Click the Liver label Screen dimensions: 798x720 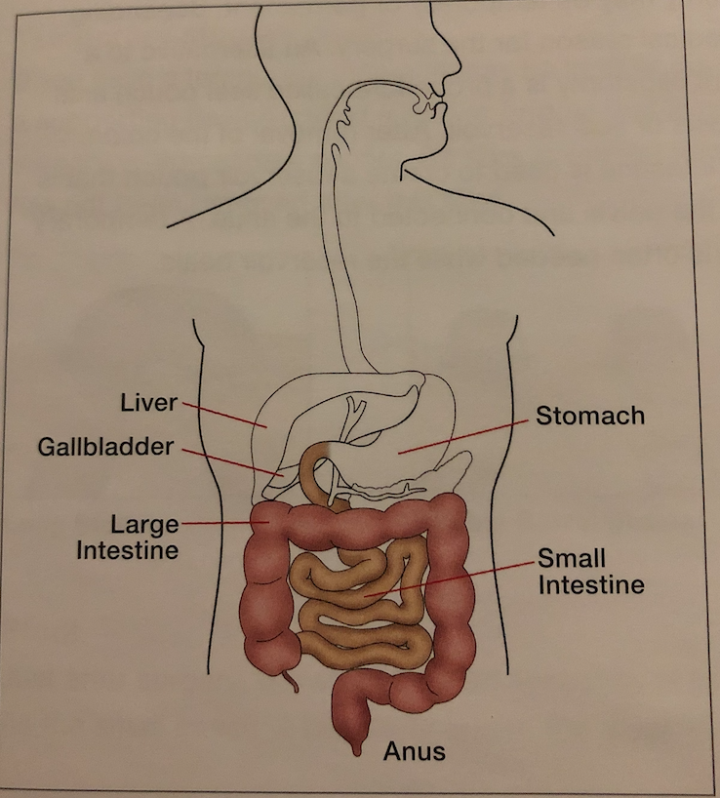pos(148,402)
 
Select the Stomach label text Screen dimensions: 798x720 pos(590,416)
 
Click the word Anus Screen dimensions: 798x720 pos(414,751)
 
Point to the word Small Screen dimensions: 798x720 pos(571,559)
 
